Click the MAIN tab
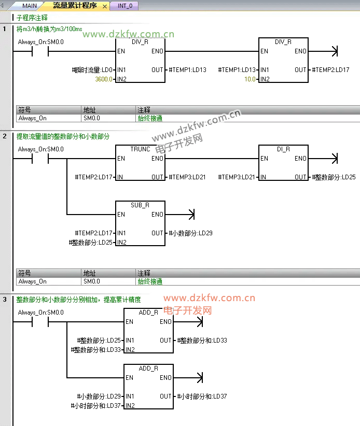pyautogui.click(x=29, y=6)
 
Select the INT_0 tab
pyautogui.click(x=124, y=6)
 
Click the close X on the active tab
pyautogui.click(x=105, y=6)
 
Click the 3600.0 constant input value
pyautogui.click(x=104, y=79)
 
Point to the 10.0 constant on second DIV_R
pyautogui.click(x=250, y=79)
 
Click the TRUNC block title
pyautogui.click(x=140, y=149)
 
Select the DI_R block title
pyautogui.click(x=283, y=149)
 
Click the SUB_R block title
pyautogui.click(x=140, y=205)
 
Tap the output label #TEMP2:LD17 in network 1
pyautogui.click(x=331, y=70)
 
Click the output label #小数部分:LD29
pyautogui.click(x=190, y=233)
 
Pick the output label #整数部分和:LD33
pyautogui.click(x=202, y=340)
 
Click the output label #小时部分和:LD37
pyautogui.click(x=202, y=396)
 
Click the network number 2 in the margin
pyautogui.click(x=5, y=136)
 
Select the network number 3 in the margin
pyautogui.click(x=5, y=300)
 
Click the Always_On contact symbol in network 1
pyautogui.click(x=40, y=51)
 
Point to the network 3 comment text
pyautogui.click(x=78, y=300)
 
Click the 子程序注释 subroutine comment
pyautogui.click(x=32, y=18)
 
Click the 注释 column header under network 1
pyautogui.click(x=144, y=110)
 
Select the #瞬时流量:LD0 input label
pyautogui.click(x=92, y=70)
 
